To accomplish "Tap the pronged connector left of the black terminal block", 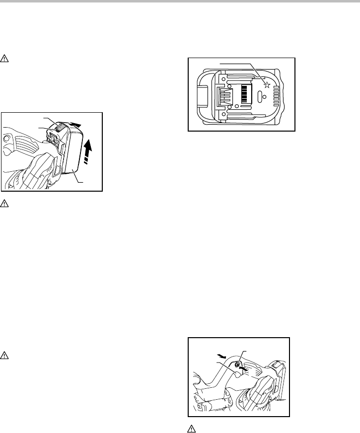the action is [x=225, y=94].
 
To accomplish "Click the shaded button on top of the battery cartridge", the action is [x=58, y=128].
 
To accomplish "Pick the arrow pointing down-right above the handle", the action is [x=222, y=357].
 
